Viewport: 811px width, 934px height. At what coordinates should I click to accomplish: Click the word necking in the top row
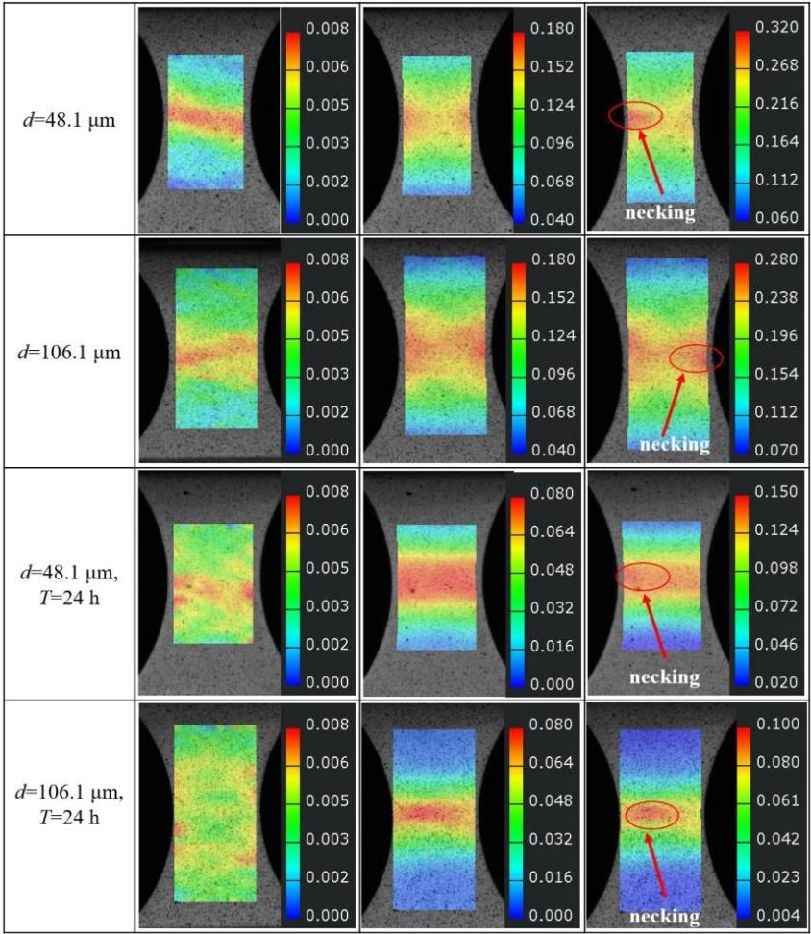coord(660,212)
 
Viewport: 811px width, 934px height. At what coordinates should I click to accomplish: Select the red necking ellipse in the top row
coord(635,115)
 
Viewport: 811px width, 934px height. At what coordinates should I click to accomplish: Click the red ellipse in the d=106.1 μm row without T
coord(695,358)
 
